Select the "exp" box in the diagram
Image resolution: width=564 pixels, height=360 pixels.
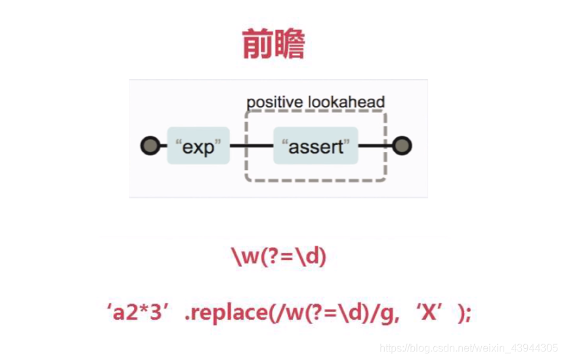pos(198,146)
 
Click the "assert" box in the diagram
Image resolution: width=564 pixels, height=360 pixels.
pos(315,146)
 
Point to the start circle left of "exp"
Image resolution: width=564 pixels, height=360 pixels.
pos(150,146)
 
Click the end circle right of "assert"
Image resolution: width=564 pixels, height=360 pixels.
pos(402,146)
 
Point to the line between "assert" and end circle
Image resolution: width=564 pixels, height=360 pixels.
pos(376,146)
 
